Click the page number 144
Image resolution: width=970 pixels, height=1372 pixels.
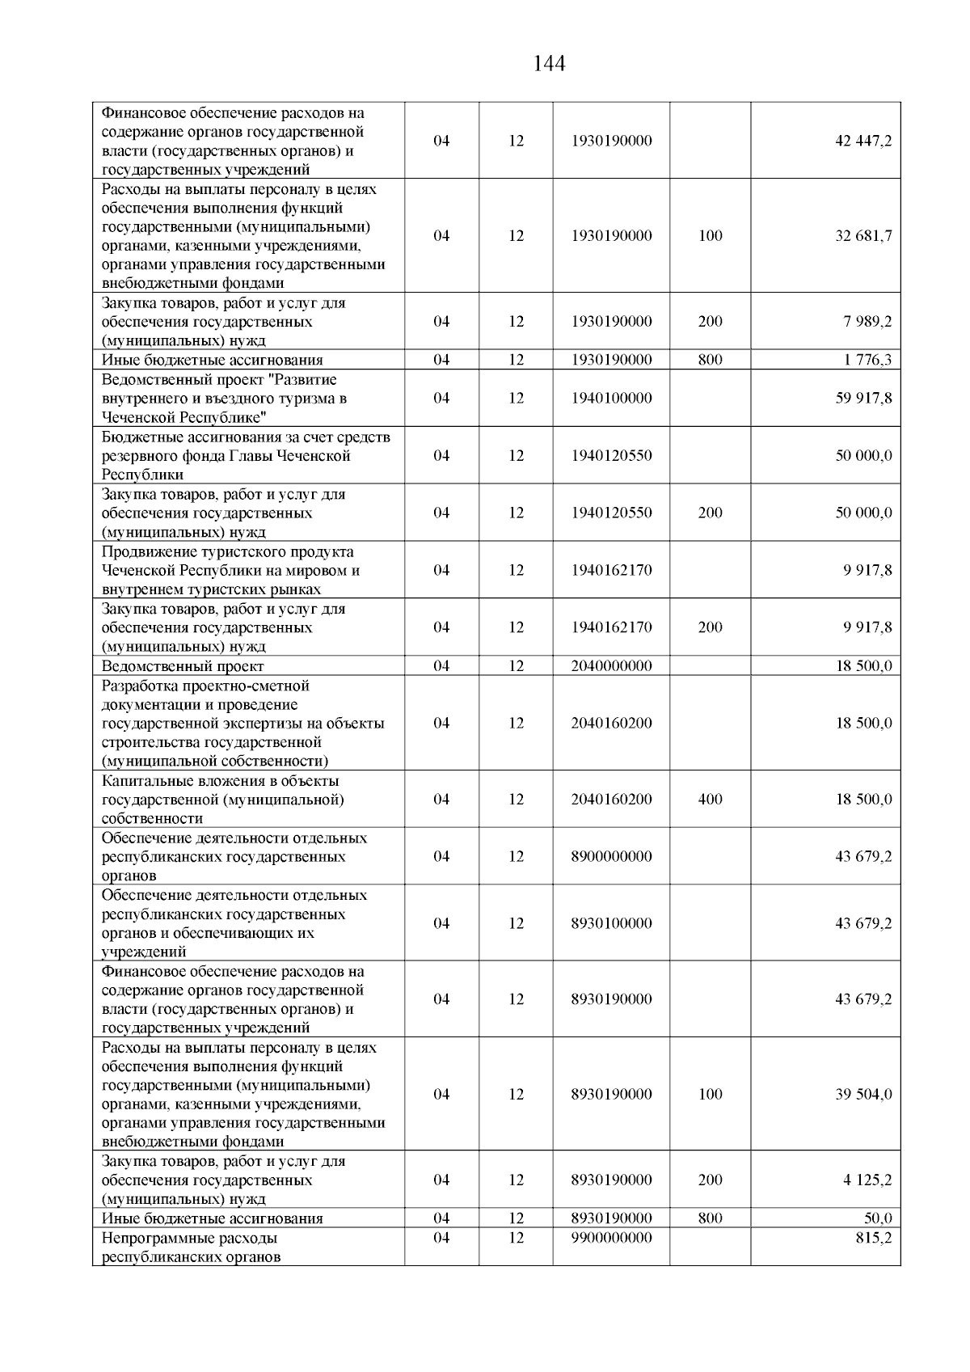(549, 64)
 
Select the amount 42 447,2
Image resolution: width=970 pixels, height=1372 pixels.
(863, 141)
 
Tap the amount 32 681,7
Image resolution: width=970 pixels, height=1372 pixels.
(863, 236)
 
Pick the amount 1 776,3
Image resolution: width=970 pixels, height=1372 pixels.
(868, 361)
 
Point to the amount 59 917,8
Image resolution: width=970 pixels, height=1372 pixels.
(863, 399)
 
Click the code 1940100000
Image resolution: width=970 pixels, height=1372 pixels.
(611, 399)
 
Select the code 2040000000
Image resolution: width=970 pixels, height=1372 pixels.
(611, 666)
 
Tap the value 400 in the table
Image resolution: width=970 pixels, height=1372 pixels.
(710, 800)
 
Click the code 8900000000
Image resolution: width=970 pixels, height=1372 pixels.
(611, 857)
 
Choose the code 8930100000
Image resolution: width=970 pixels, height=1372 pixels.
(611, 923)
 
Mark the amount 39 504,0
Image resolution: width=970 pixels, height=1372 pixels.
(863, 1095)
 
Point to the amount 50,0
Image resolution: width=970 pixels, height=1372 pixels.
(878, 1218)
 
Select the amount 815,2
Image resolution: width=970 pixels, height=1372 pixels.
(874, 1238)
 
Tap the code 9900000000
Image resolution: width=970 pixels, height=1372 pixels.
(611, 1238)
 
